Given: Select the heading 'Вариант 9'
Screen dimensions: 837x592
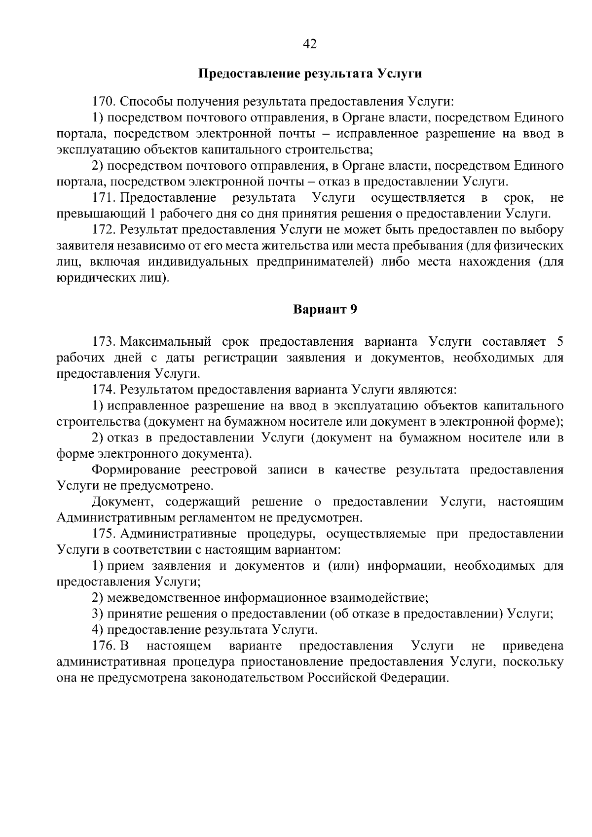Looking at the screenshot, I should [325, 309].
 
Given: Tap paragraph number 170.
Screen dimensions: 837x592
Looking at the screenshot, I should [104, 102].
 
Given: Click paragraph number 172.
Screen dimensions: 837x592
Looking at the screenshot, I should [104, 230].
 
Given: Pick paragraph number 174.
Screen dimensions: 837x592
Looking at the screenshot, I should [104, 390].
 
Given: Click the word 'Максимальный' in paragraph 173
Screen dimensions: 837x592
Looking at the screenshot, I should [166, 342].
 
